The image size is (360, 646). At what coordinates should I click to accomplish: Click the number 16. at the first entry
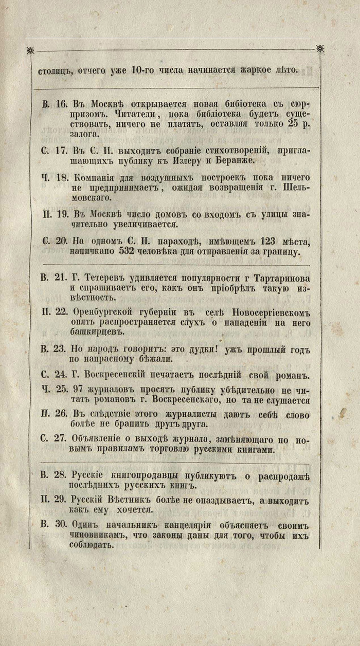click(x=62, y=103)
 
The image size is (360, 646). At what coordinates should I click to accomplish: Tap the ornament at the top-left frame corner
click(x=29, y=50)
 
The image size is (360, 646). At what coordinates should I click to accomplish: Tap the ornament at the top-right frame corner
click(x=320, y=49)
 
